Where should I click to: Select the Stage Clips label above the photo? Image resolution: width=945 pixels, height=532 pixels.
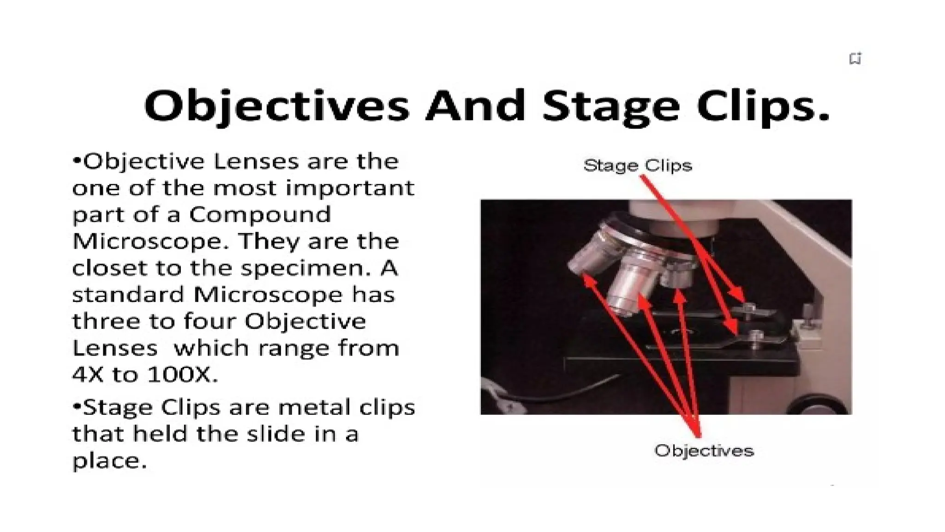pyautogui.click(x=638, y=165)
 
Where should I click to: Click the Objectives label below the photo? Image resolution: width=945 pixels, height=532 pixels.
pyautogui.click(x=704, y=450)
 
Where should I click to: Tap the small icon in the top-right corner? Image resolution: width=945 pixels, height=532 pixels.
pyautogui.click(x=855, y=59)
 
